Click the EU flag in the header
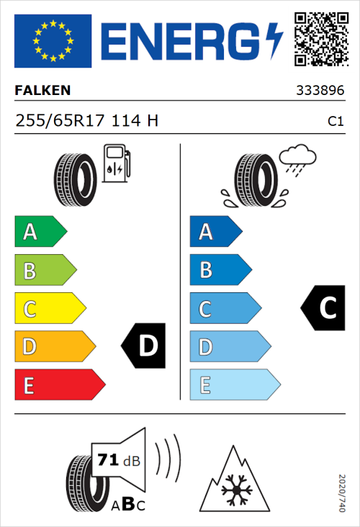[53, 41]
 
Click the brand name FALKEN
[42, 91]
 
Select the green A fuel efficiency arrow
[40, 232]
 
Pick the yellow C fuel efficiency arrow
[49, 309]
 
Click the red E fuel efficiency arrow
[58, 384]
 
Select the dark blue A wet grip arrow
[215, 232]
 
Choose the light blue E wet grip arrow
[234, 384]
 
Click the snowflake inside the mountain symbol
[234, 491]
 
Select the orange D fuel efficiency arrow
[54, 346]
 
